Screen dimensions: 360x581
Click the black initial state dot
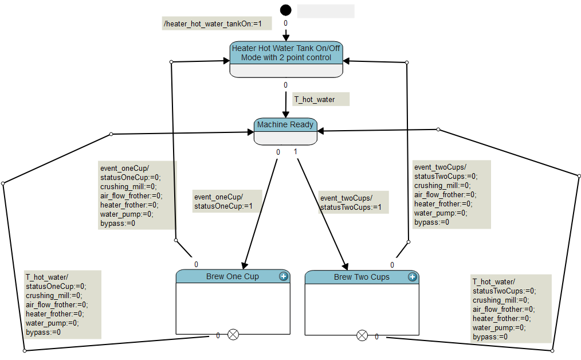285,10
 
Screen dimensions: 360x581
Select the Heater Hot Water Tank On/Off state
286,53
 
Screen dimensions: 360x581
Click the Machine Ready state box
285,131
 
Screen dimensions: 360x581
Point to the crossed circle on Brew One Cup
233,335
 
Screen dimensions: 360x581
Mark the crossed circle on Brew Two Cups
362,335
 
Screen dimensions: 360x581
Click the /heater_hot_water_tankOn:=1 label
213,24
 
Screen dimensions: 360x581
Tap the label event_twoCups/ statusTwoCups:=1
350,202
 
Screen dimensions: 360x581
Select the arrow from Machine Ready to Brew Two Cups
321,212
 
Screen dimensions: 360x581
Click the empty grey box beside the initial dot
325,11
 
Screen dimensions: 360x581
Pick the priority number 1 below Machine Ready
296,152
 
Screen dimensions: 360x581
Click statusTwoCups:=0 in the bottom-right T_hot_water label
504,291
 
